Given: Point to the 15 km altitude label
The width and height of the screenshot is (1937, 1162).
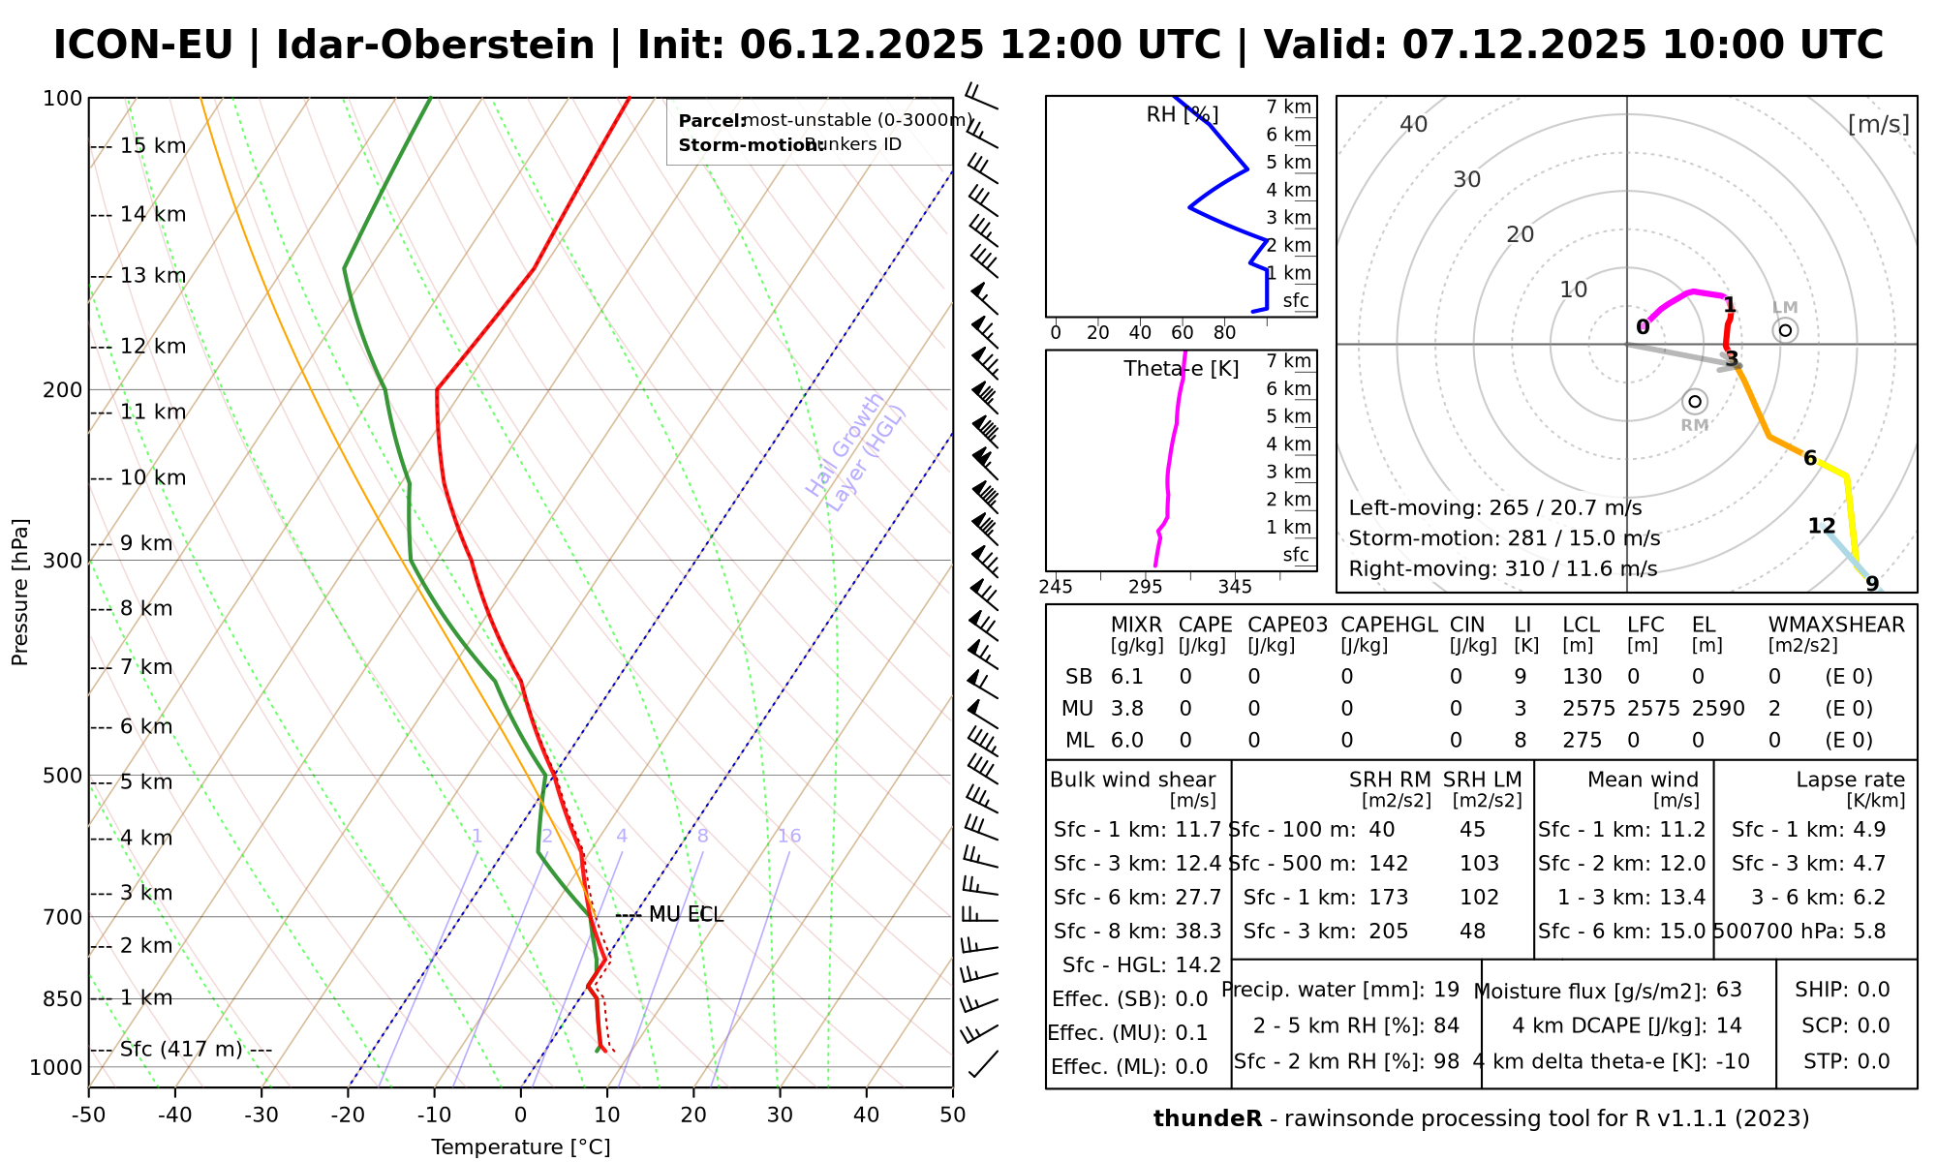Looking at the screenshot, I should [153, 146].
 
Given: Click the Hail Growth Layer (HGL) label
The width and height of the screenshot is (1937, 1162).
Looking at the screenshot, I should [856, 452].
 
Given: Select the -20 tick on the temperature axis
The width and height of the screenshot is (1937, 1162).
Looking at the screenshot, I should [348, 1115].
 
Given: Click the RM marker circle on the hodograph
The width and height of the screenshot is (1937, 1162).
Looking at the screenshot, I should [1694, 402].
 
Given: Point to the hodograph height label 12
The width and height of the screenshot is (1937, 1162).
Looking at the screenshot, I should [1821, 527].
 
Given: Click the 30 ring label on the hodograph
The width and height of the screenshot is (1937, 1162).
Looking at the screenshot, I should [1467, 180].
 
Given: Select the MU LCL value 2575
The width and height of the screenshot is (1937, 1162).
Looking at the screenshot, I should [1588, 709].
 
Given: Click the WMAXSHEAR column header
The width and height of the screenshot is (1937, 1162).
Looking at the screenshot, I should [1836, 626].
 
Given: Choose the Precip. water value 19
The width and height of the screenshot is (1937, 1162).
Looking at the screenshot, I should [1446, 990].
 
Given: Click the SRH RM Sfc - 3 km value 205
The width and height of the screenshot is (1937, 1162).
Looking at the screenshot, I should [1389, 932].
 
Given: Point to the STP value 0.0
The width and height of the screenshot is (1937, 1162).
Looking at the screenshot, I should [1873, 1061].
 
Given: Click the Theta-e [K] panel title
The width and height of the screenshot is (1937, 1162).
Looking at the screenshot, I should [1181, 369].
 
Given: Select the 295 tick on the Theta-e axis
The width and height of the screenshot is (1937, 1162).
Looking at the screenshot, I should [1145, 588].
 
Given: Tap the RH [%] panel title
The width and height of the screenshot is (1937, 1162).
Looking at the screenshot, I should [1182, 115].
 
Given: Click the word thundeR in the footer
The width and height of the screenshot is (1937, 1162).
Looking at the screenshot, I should [1207, 1119].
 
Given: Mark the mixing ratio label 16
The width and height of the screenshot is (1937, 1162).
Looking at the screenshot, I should [788, 837].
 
